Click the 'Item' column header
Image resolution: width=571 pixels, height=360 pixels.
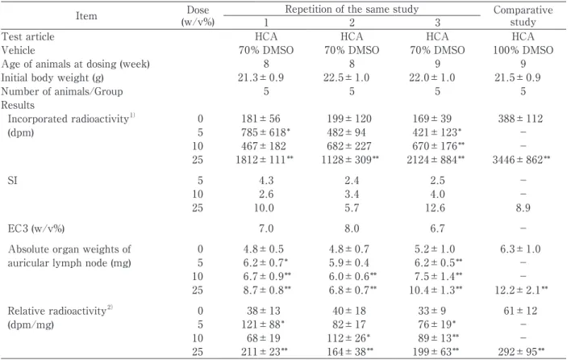(x=86, y=16)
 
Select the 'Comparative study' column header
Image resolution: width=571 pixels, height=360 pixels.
(x=523, y=15)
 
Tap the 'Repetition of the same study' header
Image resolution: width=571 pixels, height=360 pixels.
(x=352, y=9)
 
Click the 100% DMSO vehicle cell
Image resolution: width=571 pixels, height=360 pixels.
(x=523, y=50)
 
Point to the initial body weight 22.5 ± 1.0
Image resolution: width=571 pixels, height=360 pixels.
(x=346, y=77)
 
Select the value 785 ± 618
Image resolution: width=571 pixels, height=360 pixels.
(x=265, y=132)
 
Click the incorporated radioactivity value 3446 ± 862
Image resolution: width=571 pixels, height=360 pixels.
(x=521, y=160)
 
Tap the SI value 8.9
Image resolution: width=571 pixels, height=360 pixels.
(x=523, y=207)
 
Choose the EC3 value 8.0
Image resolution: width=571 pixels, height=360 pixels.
(x=352, y=228)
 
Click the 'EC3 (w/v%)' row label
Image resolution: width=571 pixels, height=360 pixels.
(x=36, y=228)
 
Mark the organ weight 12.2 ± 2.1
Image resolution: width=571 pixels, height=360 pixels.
(x=521, y=290)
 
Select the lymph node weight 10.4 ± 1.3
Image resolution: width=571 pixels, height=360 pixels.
(x=438, y=290)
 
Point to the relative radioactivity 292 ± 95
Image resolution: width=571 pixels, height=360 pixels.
(x=521, y=352)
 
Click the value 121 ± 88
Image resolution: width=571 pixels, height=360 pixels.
(x=265, y=324)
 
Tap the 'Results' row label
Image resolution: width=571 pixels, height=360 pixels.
(x=18, y=105)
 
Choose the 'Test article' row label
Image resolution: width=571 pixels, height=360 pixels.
(x=27, y=36)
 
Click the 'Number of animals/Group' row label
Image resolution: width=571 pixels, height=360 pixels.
(x=62, y=91)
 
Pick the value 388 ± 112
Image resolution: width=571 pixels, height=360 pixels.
(x=520, y=119)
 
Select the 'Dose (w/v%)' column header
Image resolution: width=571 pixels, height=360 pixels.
(x=198, y=15)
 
